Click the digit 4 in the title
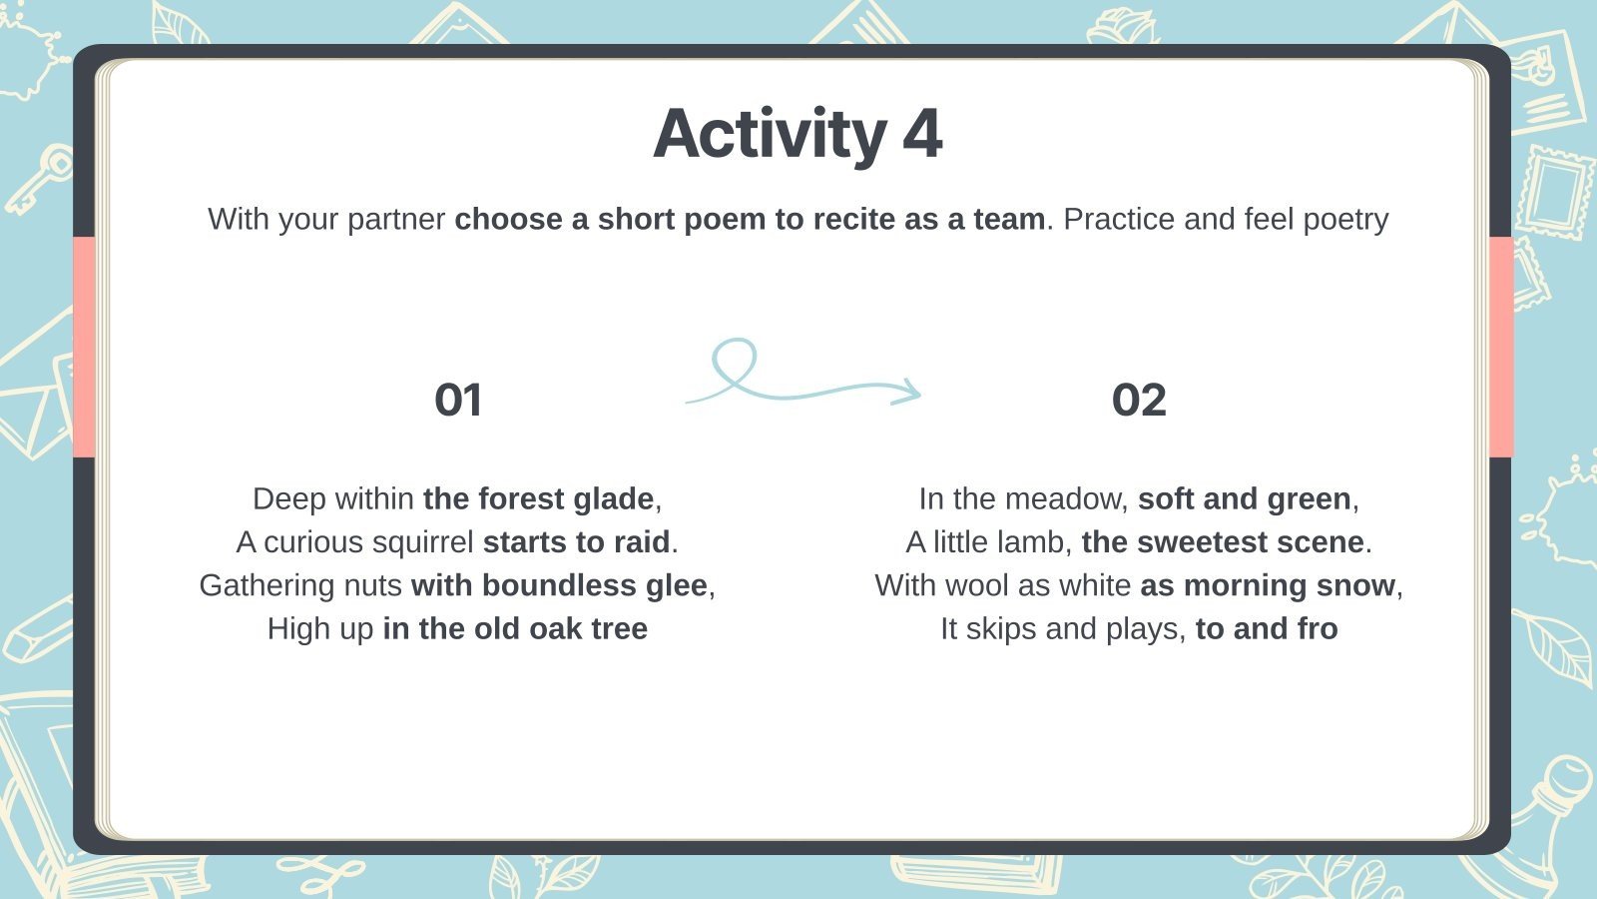[922, 135]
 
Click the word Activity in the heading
[769, 135]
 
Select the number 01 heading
[458, 401]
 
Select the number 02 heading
[1139, 401]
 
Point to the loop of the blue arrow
[734, 361]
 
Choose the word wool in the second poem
[949, 585]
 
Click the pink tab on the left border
[84, 347]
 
